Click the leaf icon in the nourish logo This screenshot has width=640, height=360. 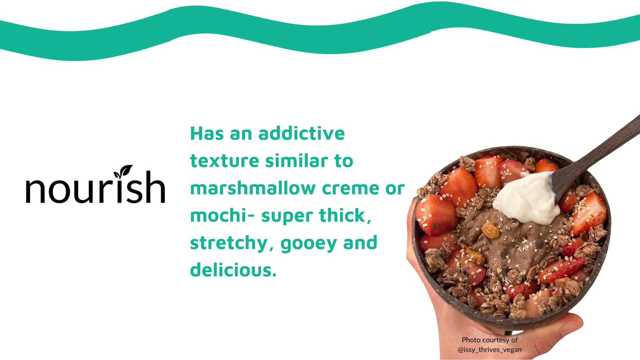[x=123, y=172]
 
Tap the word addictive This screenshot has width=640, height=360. [x=301, y=133]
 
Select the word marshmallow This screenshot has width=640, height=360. [x=253, y=188]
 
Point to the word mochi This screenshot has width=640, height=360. [x=218, y=215]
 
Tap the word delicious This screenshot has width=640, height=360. [x=233, y=270]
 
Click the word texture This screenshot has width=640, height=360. [x=225, y=161]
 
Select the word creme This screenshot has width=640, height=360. [x=350, y=188]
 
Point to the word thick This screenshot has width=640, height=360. [x=345, y=215]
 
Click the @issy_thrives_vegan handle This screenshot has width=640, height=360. [x=490, y=350]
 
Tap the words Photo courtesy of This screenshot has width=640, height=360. [x=490, y=340]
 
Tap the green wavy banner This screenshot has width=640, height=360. [x=320, y=32]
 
